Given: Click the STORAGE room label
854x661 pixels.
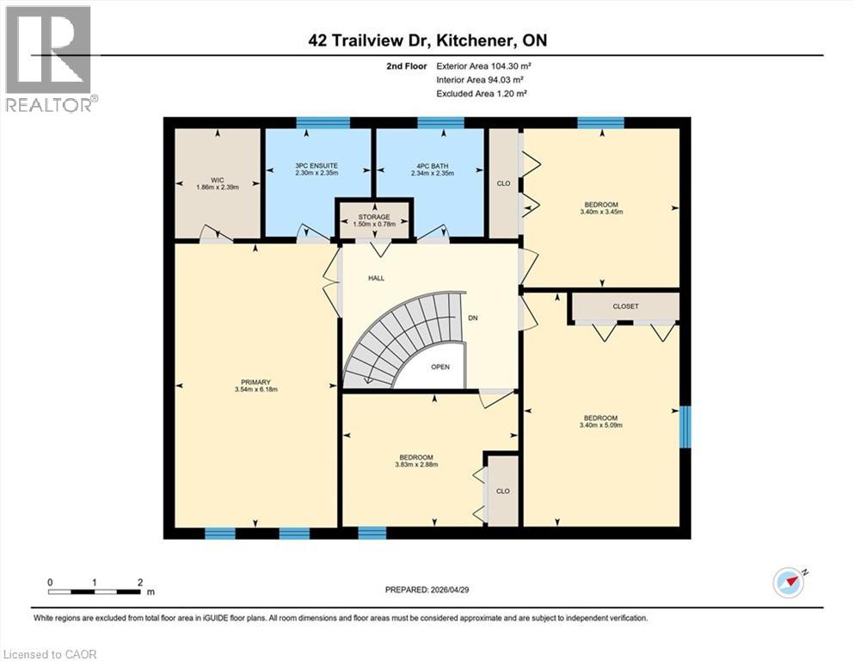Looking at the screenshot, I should (374, 217).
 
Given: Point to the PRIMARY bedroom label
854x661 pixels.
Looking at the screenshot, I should (255, 381).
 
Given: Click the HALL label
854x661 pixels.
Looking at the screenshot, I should (376, 278).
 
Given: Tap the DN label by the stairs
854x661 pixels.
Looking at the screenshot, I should (472, 318).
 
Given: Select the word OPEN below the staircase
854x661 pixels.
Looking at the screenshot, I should (440, 367).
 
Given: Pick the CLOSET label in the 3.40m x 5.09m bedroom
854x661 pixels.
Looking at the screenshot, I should (625, 306).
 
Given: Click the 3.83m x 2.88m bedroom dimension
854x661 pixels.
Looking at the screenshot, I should (415, 465).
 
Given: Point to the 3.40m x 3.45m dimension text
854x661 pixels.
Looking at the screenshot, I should (601, 211).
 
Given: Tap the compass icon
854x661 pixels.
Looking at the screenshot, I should (789, 582).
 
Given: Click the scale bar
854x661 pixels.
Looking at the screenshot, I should (95, 591).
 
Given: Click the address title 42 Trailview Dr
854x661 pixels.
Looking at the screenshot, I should (427, 40).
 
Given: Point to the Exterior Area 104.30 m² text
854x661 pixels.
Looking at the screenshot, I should (490, 65).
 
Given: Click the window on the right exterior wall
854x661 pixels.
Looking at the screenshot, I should (685, 427).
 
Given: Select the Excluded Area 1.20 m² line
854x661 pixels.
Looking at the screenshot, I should (482, 93).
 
